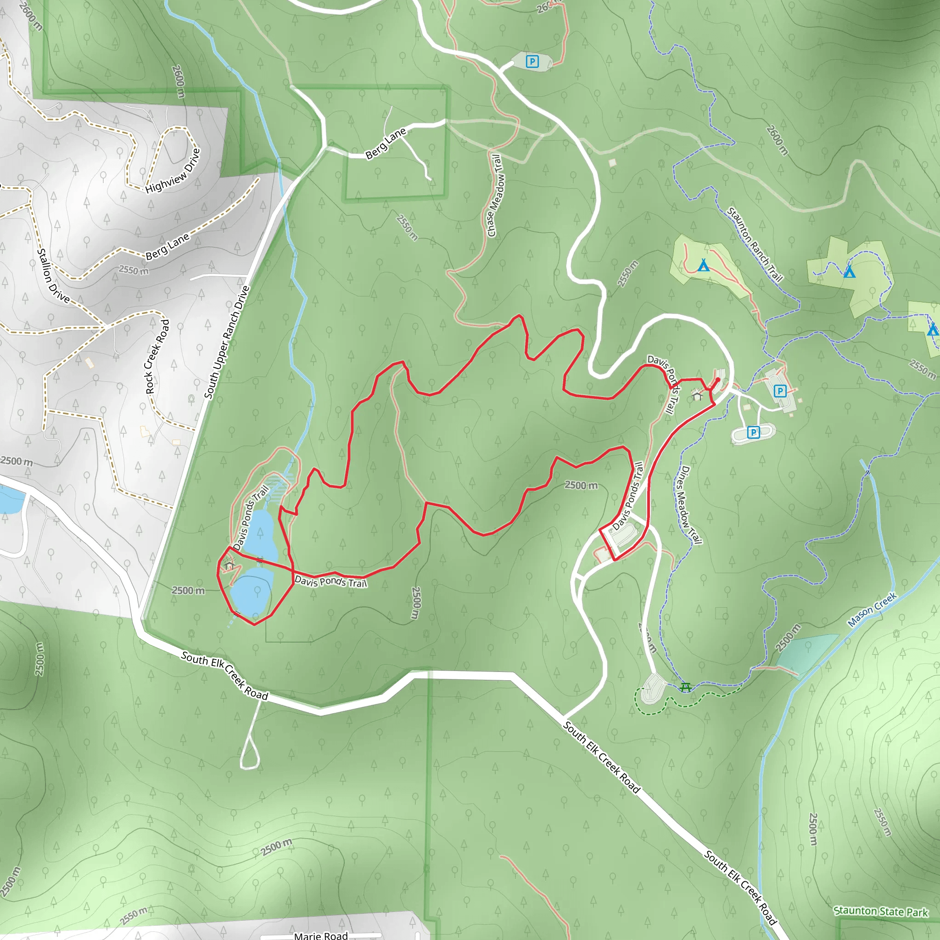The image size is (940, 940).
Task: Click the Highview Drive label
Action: [x=173, y=171]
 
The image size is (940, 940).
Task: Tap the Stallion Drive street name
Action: [x=54, y=275]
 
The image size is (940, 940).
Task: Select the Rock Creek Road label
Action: [x=157, y=356]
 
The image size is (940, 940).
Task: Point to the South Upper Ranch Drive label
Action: [x=227, y=342]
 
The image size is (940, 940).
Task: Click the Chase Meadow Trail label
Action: [x=495, y=196]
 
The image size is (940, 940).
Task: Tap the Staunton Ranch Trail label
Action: [x=755, y=244]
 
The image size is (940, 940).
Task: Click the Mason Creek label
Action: [x=872, y=610]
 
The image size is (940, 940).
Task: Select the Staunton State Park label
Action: [x=881, y=911]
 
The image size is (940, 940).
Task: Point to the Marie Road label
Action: [x=321, y=934]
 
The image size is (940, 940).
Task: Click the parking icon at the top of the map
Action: [x=532, y=62]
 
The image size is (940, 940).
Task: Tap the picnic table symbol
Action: [x=686, y=687]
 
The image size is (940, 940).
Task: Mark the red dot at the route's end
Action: [x=718, y=380]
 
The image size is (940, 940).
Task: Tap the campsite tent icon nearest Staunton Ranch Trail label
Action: [x=704, y=266]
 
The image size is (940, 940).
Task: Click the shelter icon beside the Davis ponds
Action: [x=229, y=565]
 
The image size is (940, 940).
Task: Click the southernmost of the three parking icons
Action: [x=753, y=432]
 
